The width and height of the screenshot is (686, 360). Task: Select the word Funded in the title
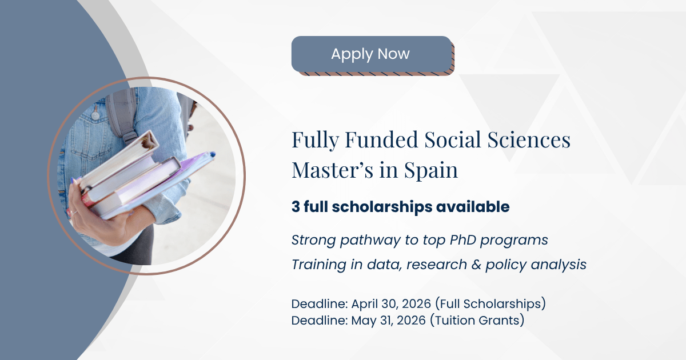coord(381,139)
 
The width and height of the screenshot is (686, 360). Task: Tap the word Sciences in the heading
coord(529,139)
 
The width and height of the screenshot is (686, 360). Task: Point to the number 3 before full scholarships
coord(296,207)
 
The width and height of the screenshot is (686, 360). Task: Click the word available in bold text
coord(473,207)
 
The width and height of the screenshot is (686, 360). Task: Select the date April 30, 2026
coord(391,304)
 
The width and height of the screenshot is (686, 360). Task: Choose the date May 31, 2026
coord(388,321)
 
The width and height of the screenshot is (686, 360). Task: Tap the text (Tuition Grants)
coord(477,321)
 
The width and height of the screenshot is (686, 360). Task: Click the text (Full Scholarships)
coord(490,304)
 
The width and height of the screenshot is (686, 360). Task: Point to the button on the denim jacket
coord(95,115)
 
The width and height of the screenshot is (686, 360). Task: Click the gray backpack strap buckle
coord(130,137)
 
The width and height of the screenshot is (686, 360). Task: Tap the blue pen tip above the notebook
coord(213,155)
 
